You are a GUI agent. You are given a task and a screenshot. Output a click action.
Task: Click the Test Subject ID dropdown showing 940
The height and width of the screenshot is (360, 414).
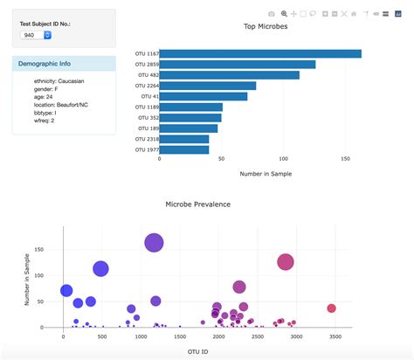point(36,35)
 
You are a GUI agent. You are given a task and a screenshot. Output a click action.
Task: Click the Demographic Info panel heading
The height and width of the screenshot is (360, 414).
point(47,64)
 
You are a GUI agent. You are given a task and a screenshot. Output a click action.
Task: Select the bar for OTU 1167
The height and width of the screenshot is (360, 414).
point(259,54)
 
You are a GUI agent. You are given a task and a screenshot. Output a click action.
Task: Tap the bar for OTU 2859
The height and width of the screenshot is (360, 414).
point(237,65)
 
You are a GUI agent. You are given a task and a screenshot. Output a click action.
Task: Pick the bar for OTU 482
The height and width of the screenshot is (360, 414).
point(229,75)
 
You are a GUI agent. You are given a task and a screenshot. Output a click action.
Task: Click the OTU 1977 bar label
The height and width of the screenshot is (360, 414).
point(146,149)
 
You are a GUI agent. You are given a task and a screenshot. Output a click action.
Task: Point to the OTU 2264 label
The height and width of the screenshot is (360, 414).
point(146,86)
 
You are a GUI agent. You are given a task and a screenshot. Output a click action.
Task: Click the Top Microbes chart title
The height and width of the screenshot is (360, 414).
point(265,27)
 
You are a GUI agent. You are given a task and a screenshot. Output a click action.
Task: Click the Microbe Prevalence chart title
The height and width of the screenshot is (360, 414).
point(198,204)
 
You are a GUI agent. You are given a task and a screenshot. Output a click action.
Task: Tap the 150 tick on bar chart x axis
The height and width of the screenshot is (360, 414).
point(346,159)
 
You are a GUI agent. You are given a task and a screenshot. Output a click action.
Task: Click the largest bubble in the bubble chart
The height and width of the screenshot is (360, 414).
point(154,243)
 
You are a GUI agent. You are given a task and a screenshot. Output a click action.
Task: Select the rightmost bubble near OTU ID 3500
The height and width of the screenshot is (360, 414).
point(331,308)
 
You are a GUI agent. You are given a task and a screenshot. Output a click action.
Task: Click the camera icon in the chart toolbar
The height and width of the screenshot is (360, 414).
point(272,15)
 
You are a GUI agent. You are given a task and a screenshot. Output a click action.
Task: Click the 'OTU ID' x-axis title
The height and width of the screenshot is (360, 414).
point(198,351)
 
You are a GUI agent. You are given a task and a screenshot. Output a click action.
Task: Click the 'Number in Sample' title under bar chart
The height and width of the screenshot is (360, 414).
point(266,174)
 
